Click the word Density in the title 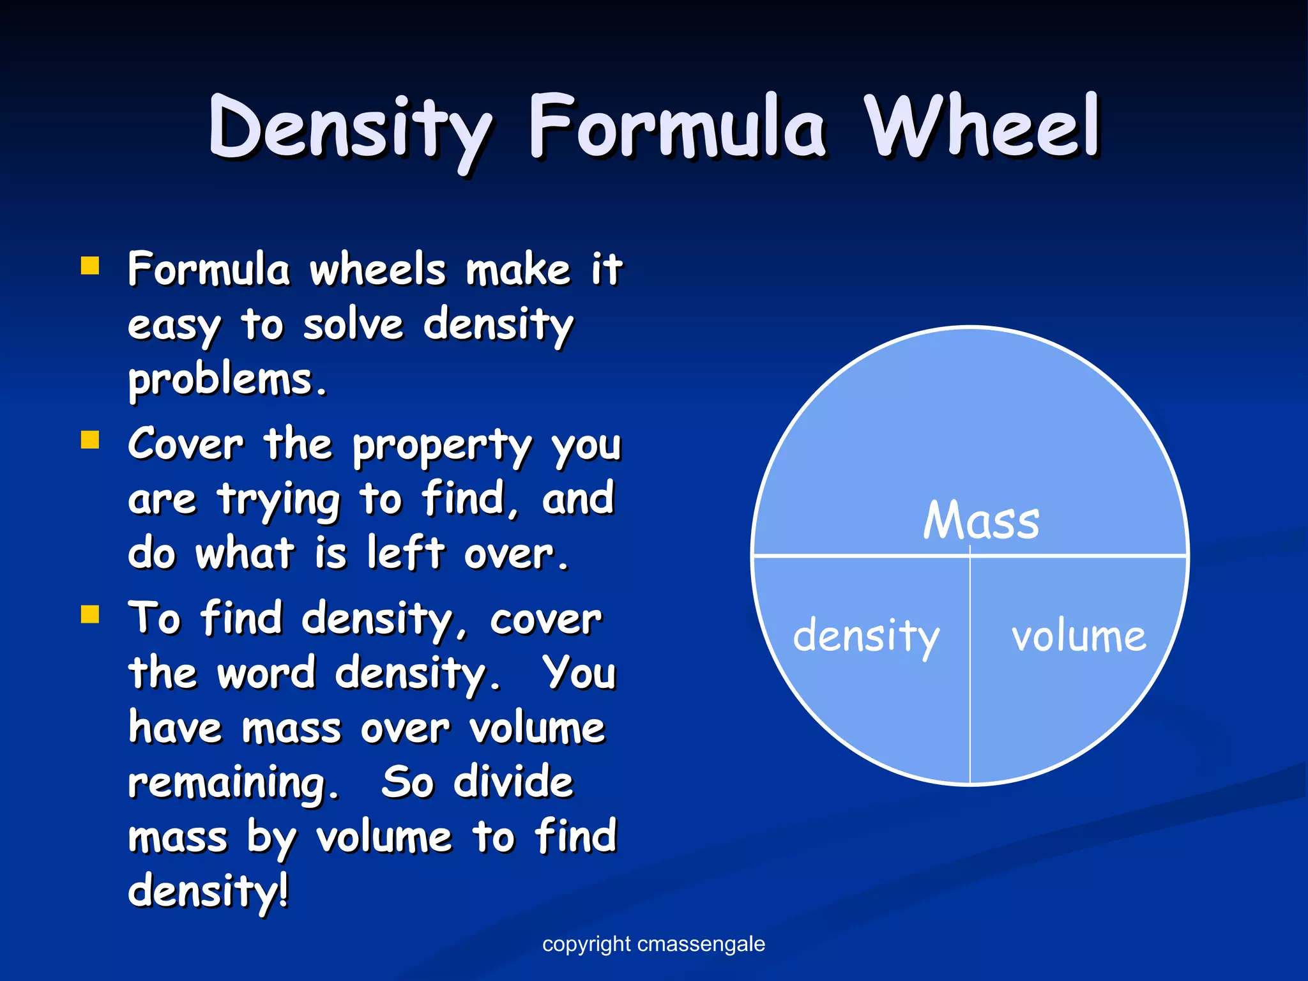click(x=350, y=128)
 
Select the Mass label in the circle click(x=981, y=521)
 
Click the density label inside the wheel click(x=866, y=637)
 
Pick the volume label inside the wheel click(x=1078, y=637)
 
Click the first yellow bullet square click(x=90, y=265)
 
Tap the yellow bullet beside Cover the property click(x=90, y=440)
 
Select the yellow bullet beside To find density click(x=90, y=614)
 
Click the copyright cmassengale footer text click(x=653, y=944)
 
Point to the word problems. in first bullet click(x=227, y=381)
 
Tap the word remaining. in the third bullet click(x=233, y=784)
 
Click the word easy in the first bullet click(x=174, y=327)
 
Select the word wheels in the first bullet click(x=377, y=270)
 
